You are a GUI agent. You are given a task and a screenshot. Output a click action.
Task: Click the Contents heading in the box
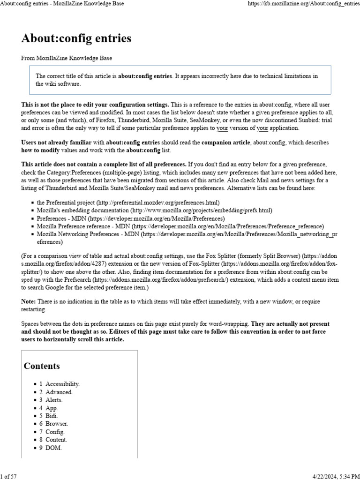(x=42, y=366)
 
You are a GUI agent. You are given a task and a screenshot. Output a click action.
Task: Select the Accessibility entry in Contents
(x=62, y=384)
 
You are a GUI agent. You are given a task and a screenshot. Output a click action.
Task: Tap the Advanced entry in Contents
(x=59, y=392)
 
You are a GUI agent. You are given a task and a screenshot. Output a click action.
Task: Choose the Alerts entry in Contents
(x=53, y=400)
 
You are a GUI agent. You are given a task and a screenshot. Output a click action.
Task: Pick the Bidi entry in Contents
(x=52, y=416)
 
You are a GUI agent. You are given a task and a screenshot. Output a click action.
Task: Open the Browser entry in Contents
(x=56, y=424)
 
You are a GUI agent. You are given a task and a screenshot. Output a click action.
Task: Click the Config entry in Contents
(x=55, y=432)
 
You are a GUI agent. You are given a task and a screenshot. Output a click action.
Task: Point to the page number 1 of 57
(x=9, y=476)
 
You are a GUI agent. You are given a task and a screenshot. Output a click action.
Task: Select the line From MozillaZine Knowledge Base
(x=67, y=58)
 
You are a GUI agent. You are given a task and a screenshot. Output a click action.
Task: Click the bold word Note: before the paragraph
(x=29, y=301)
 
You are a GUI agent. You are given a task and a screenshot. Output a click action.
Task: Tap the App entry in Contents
(x=52, y=408)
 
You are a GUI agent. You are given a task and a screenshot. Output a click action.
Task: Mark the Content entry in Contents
(x=56, y=440)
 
